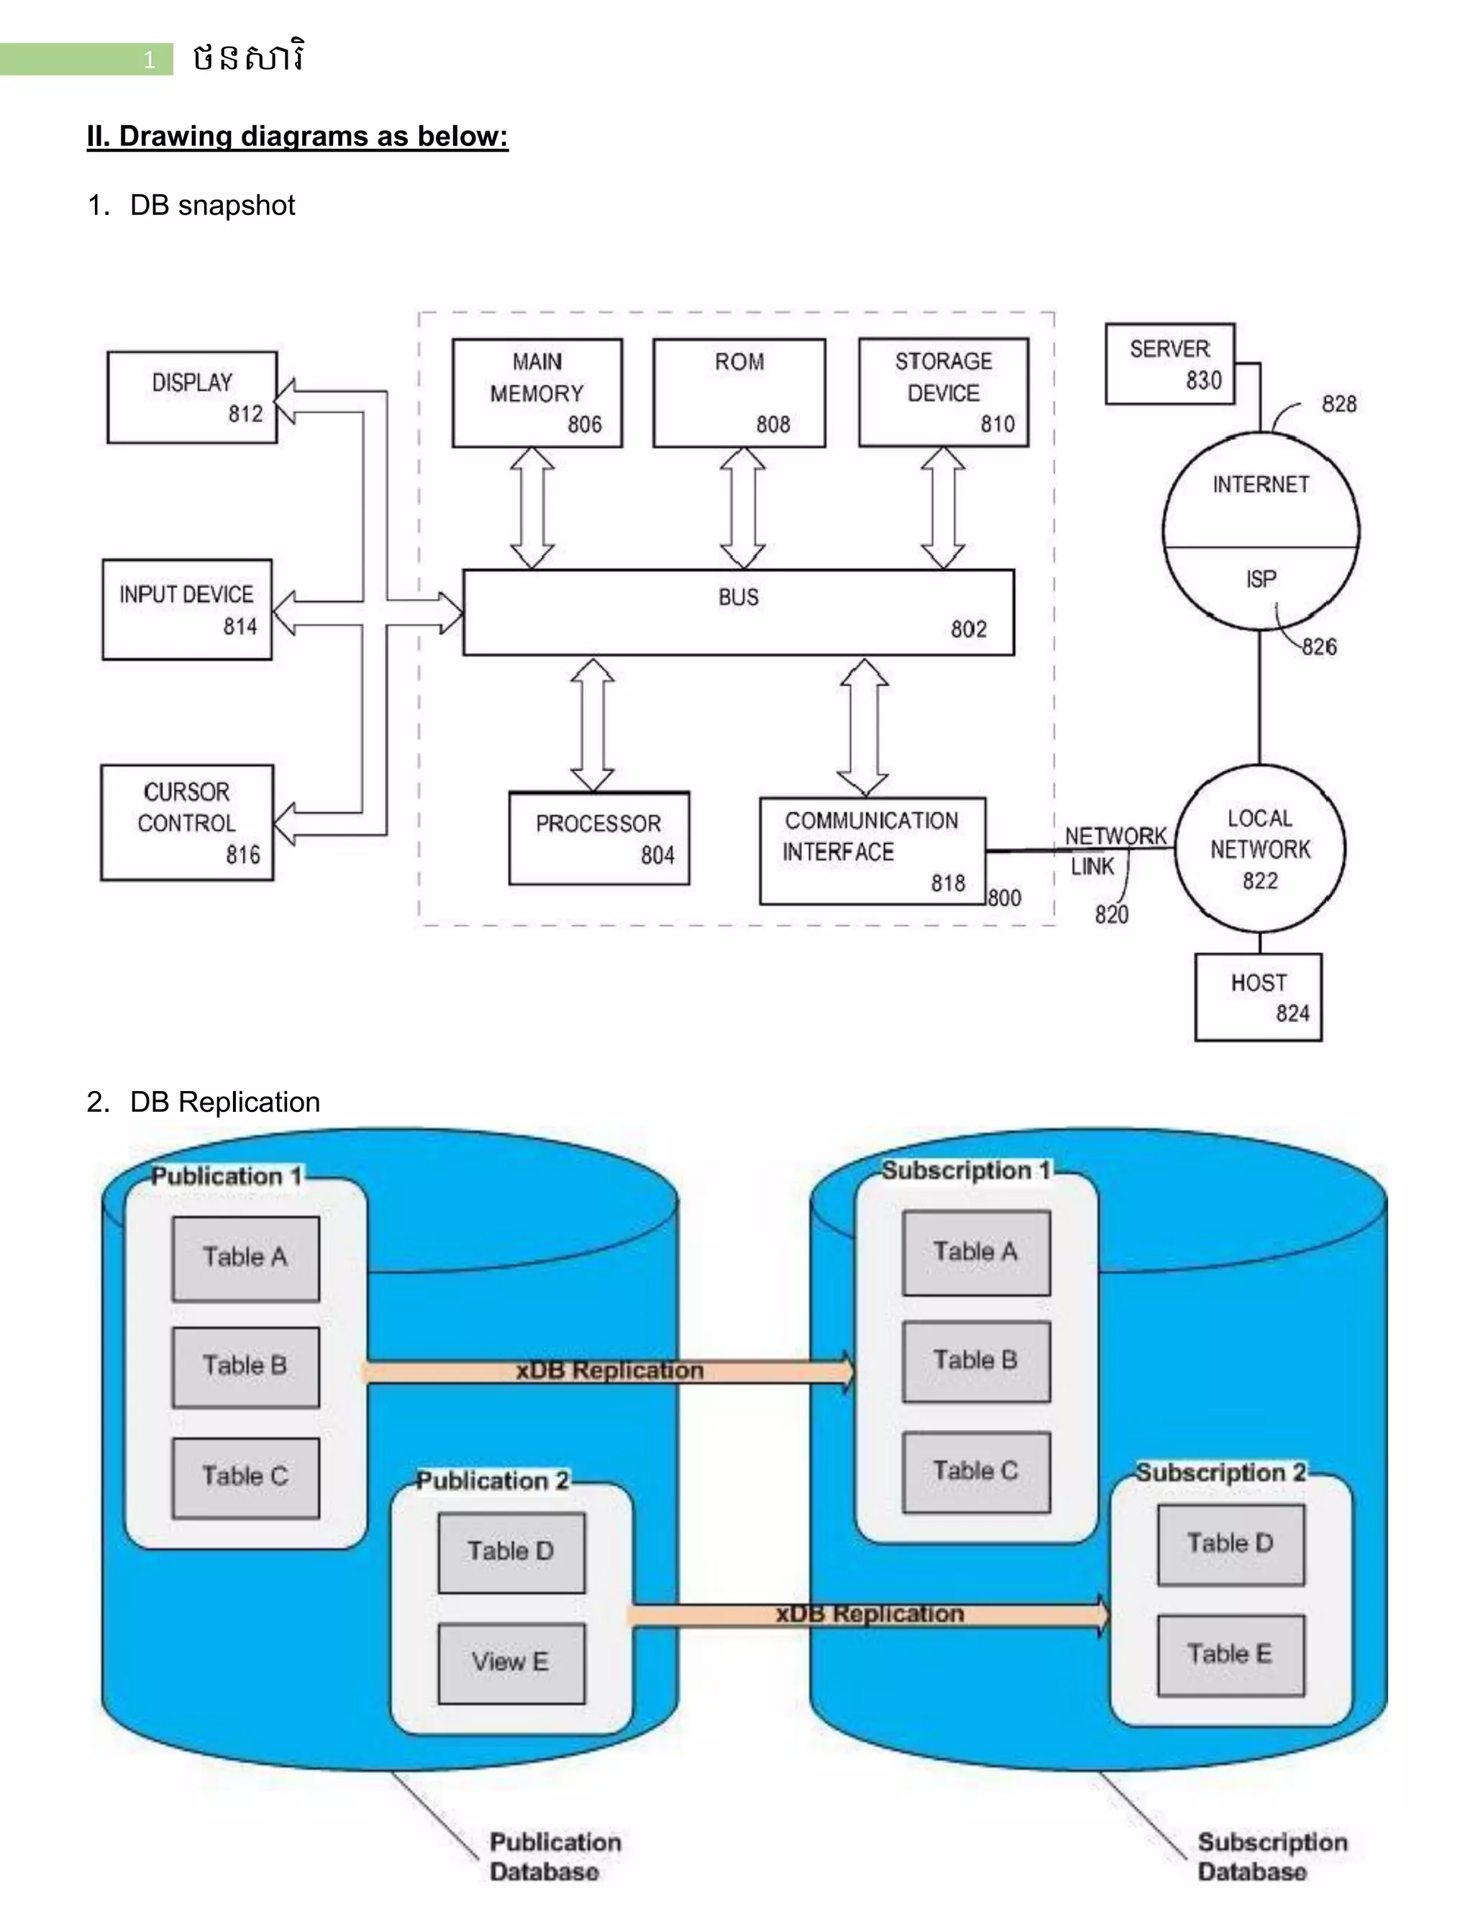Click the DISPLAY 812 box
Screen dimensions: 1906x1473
tap(192, 397)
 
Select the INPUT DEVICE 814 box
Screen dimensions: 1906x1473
tap(187, 609)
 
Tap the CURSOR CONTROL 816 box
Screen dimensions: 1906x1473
tap(187, 822)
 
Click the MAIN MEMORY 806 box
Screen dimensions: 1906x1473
tap(537, 393)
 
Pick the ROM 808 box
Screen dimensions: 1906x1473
tap(739, 393)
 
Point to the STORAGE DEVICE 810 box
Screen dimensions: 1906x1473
tap(944, 393)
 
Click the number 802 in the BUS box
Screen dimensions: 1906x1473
tap(968, 629)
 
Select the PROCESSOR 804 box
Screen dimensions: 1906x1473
tap(598, 838)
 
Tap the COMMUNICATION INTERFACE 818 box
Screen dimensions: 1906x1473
tap(872, 850)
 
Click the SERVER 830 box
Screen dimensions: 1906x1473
tap(1169, 364)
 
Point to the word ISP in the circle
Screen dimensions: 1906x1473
tap(1260, 578)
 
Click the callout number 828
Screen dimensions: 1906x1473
tap(1339, 404)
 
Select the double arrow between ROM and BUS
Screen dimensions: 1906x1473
tap(742, 508)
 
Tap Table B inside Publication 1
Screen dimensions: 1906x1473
tap(245, 1367)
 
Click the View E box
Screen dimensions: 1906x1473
tap(511, 1662)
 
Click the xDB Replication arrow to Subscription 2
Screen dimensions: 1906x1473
tap(869, 1614)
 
